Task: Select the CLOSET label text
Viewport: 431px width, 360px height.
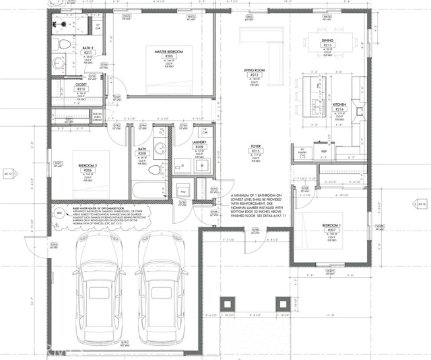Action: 81,84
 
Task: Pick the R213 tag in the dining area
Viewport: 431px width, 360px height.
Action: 328,45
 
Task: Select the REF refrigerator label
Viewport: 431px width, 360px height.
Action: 325,153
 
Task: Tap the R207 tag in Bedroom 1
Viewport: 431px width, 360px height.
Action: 331,230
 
